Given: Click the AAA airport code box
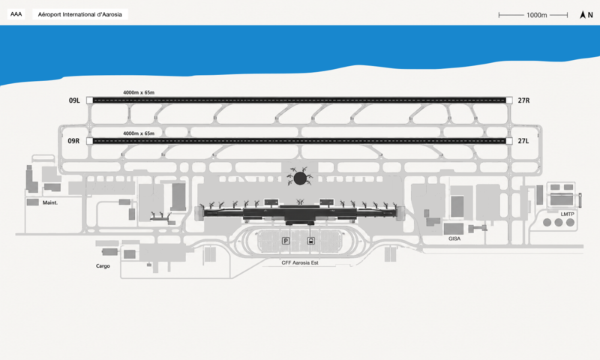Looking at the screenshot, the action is tap(16, 14).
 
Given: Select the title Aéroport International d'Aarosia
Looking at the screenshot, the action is tap(80, 14).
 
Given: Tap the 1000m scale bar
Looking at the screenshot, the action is tap(533, 15).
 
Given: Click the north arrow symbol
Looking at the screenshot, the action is tap(583, 15).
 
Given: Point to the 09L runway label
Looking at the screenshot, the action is tap(74, 100).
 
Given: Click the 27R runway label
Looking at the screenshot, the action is tap(523, 100).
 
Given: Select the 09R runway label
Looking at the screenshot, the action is tap(73, 141).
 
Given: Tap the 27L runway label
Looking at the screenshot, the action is tap(523, 141).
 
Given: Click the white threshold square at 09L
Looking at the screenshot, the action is tap(89, 100).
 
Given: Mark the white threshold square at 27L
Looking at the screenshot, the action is tap(509, 141).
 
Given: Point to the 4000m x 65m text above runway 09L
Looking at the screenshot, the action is tap(139, 92).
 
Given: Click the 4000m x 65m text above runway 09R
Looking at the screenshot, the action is tap(139, 133).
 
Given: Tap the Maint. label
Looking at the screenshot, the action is tap(50, 202).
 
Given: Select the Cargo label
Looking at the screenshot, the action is tap(103, 266).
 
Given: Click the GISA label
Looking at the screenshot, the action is tap(454, 238).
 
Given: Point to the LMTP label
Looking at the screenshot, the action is tap(568, 214).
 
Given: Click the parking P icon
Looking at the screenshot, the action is tap(286, 241).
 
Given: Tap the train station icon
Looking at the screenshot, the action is tap(311, 241).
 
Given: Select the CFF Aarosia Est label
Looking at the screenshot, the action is tap(300, 262).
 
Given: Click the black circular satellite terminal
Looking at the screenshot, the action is tap(300, 178).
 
